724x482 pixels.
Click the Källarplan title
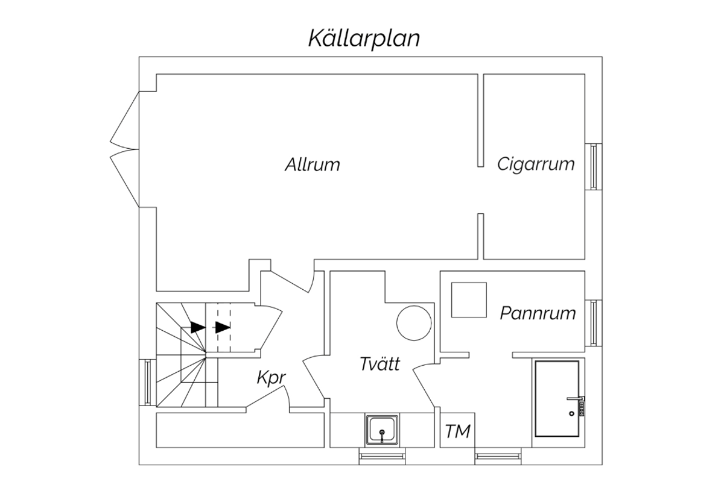click(x=364, y=39)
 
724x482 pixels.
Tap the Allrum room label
click(x=313, y=164)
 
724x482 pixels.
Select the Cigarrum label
click(x=536, y=165)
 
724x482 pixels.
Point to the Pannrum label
click(x=538, y=313)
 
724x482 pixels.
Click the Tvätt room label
click(x=379, y=364)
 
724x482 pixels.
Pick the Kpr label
click(x=271, y=378)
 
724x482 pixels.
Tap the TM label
click(x=458, y=431)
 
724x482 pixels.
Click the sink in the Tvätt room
click(x=382, y=431)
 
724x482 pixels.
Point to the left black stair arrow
click(x=198, y=327)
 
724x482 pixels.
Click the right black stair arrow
click(x=223, y=327)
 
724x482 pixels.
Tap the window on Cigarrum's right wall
click(x=594, y=166)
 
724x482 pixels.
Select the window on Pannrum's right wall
click(x=594, y=323)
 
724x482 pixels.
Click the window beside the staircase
click(x=148, y=382)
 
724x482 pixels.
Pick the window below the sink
click(x=382, y=456)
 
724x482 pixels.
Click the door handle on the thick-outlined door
click(x=576, y=398)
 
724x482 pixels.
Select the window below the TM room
click(x=498, y=456)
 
